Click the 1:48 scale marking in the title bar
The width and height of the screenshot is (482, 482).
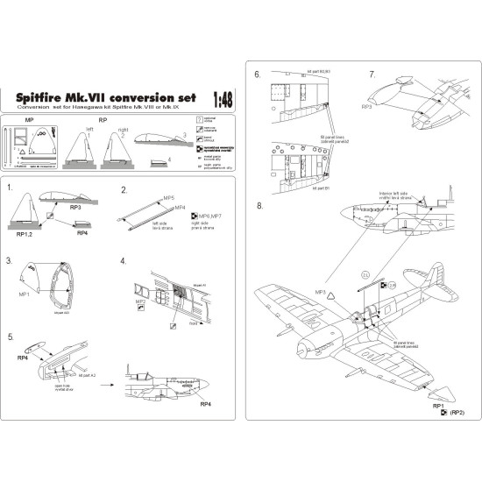223,100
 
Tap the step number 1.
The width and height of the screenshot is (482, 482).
10,188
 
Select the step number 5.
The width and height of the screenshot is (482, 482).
10,336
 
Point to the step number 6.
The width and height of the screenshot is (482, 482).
258,74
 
